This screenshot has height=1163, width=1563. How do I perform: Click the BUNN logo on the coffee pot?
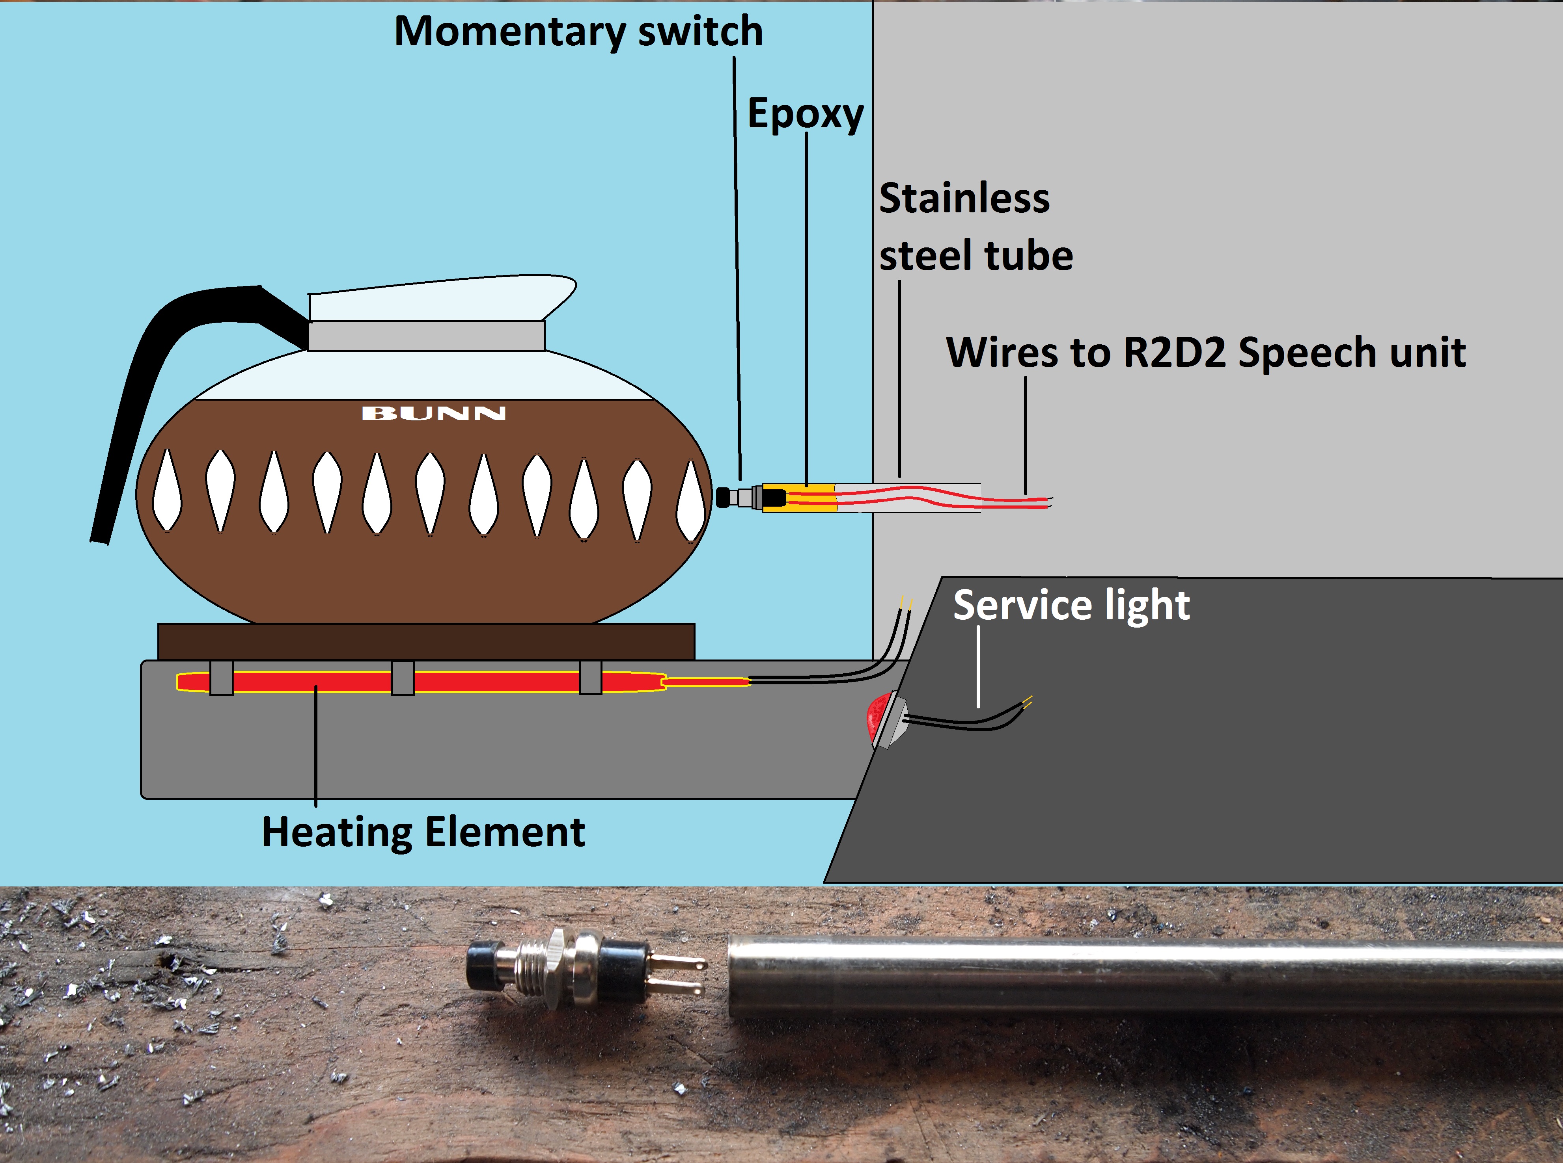(x=433, y=413)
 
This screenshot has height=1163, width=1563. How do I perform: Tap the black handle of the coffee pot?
(x=141, y=394)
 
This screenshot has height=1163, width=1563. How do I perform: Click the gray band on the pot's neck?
(x=426, y=336)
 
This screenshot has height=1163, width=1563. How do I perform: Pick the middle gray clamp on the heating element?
(x=402, y=678)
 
